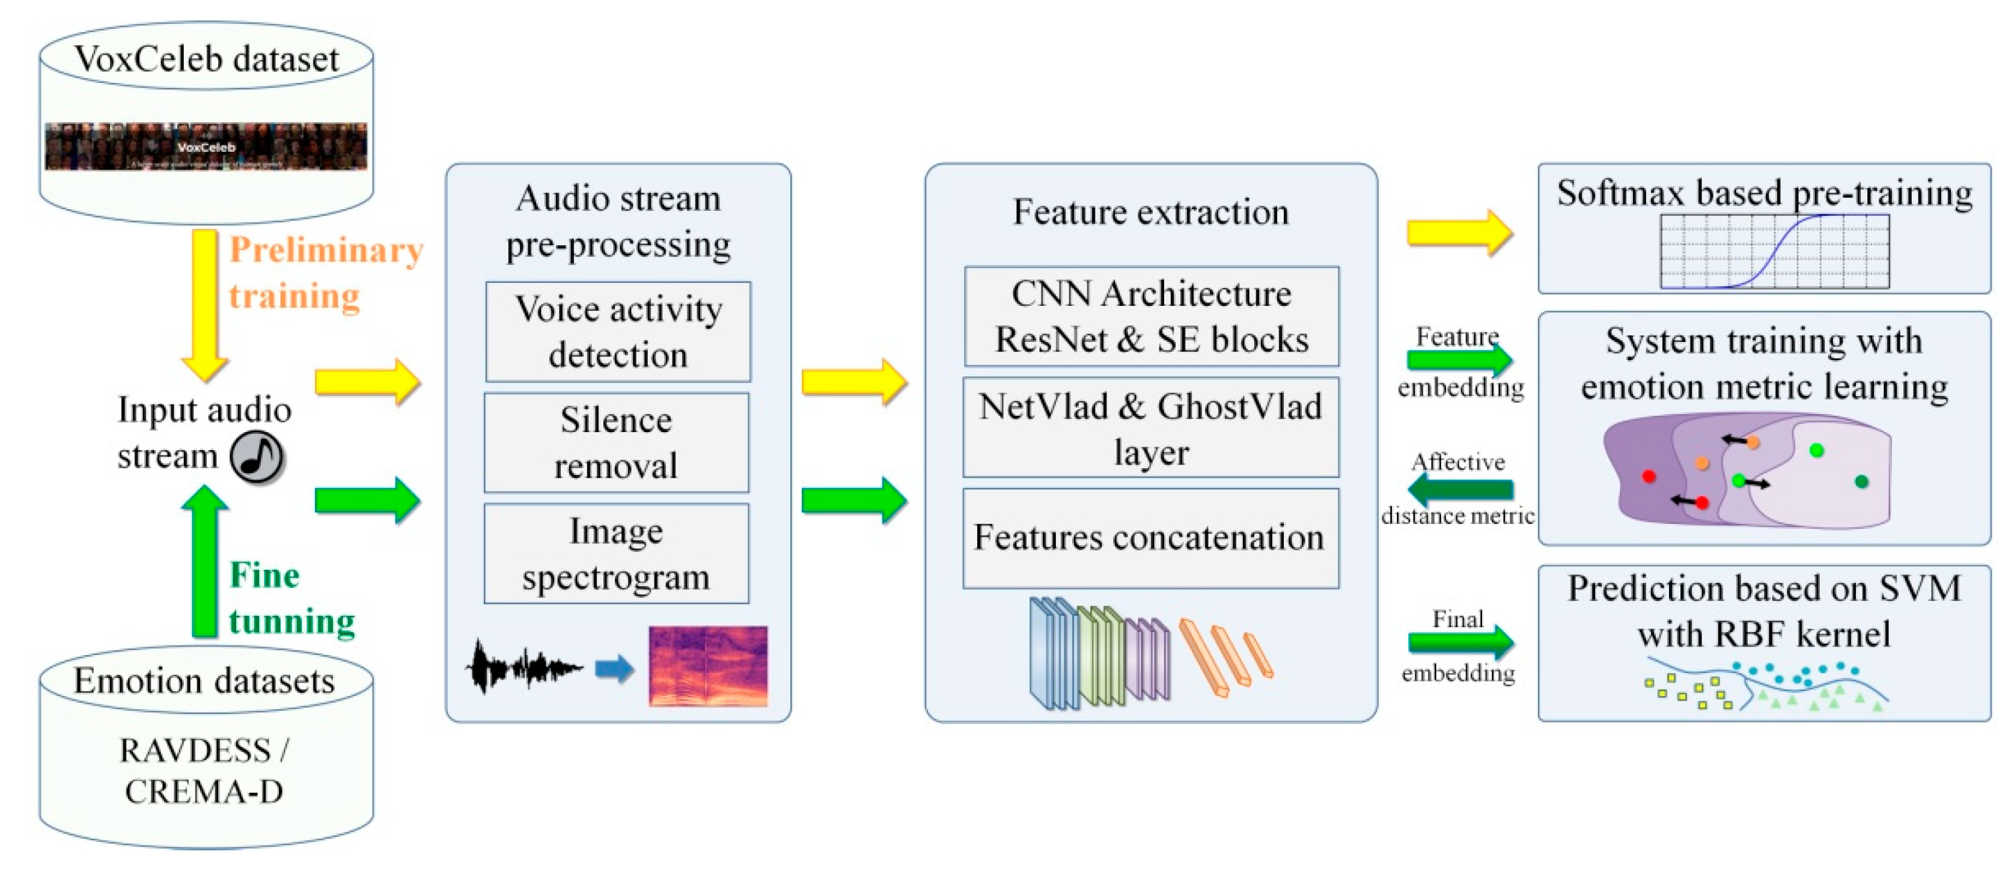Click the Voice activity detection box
click(618, 332)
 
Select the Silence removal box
click(616, 443)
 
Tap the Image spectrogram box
click(616, 554)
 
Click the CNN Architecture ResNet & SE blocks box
click(1151, 317)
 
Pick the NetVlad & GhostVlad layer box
click(1151, 428)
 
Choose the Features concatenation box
click(1151, 538)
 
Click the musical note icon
click(257, 457)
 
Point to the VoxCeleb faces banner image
click(206, 146)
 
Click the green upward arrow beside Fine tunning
click(205, 559)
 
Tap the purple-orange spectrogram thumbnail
click(707, 666)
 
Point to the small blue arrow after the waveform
click(614, 669)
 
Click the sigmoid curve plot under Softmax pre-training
click(1775, 252)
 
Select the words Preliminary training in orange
click(325, 273)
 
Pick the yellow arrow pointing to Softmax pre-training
click(1459, 233)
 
